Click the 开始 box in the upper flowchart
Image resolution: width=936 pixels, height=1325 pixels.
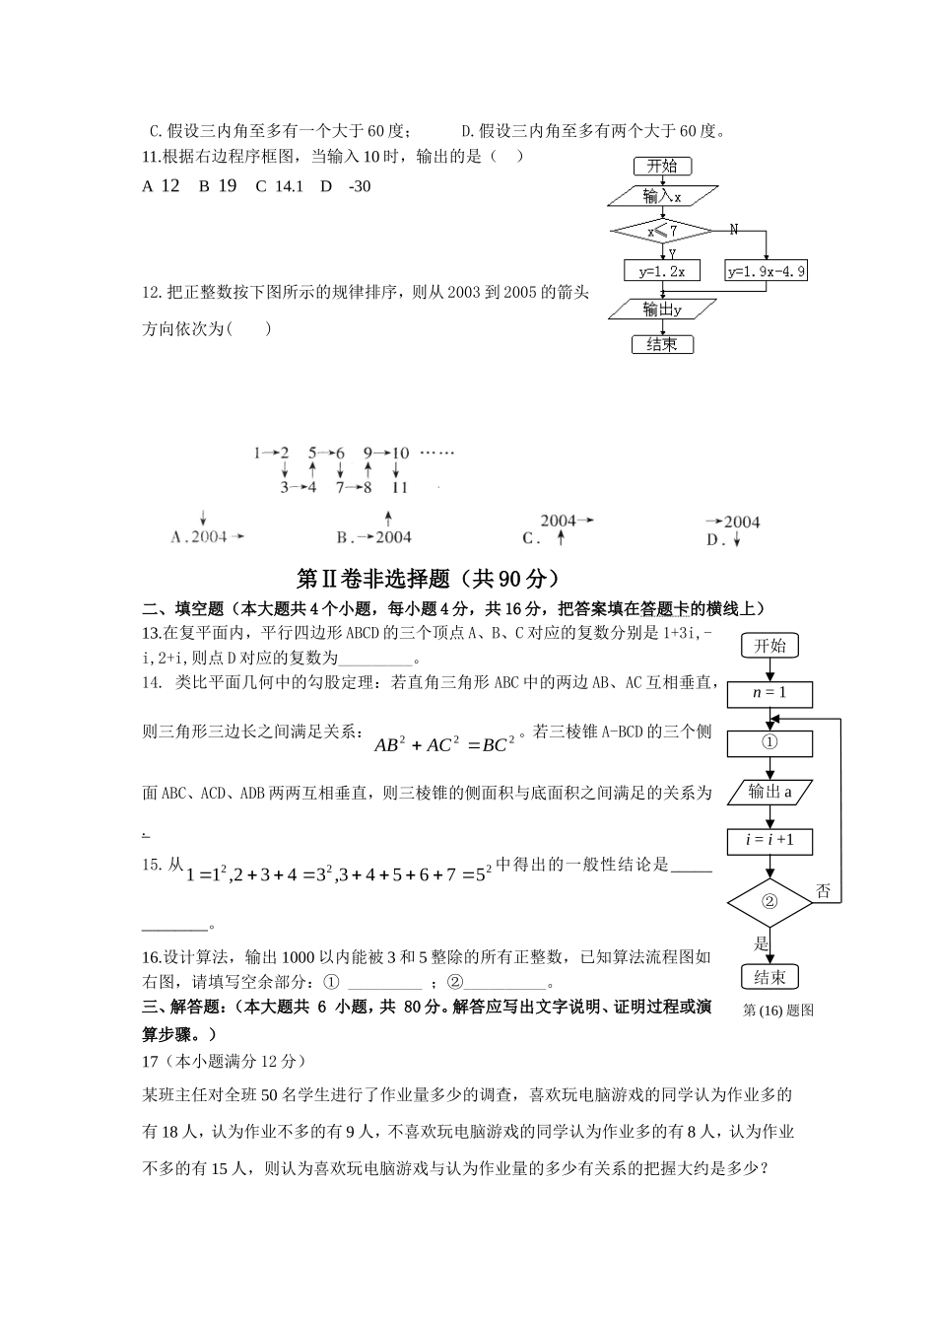[x=662, y=166]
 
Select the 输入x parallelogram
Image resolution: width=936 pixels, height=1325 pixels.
[x=662, y=196]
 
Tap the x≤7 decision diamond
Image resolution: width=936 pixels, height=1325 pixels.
[x=662, y=232]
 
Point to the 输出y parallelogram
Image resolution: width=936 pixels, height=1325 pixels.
[x=662, y=310]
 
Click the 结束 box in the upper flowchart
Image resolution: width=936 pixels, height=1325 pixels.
[x=662, y=344]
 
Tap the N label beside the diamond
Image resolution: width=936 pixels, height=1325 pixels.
[x=734, y=230]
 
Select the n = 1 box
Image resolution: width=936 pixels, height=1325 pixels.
[x=769, y=693]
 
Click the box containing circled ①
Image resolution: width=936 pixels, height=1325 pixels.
[x=769, y=742]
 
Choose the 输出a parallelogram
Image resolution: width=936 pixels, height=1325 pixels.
[x=769, y=792]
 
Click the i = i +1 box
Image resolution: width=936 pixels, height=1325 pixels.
[x=769, y=840]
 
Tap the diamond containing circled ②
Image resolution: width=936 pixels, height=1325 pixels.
[x=769, y=901]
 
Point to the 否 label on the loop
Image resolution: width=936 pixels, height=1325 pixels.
[x=824, y=891]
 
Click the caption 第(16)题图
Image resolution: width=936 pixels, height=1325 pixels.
[x=778, y=1010]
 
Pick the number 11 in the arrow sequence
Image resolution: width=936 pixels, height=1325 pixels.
[x=399, y=487]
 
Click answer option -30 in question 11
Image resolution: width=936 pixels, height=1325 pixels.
[x=359, y=186]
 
